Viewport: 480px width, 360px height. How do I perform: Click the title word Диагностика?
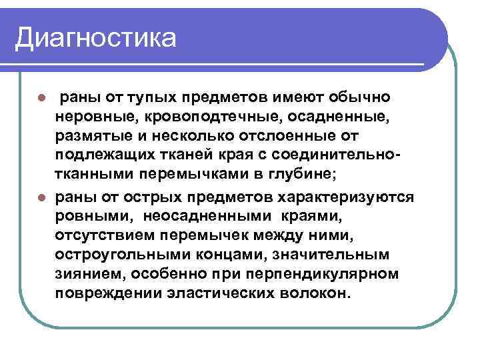96,37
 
